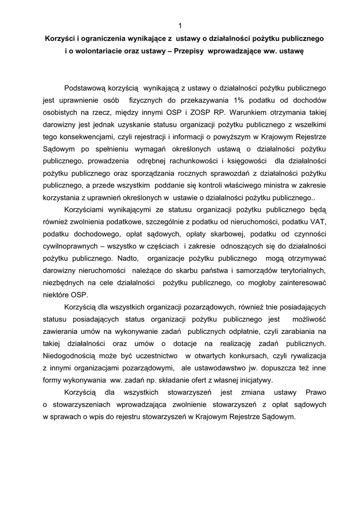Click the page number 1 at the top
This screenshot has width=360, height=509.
click(180, 26)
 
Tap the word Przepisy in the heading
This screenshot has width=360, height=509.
click(190, 51)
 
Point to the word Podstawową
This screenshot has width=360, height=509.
click(88, 88)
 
